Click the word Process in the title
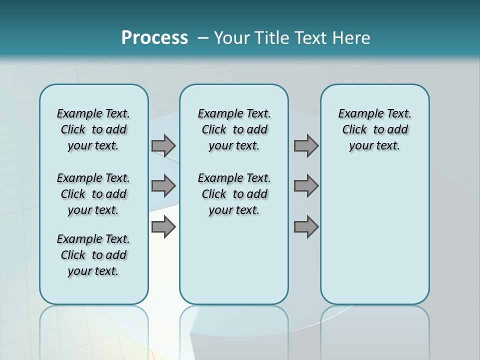(x=154, y=37)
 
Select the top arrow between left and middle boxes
(x=163, y=145)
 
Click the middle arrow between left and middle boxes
(x=163, y=186)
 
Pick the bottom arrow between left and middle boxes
(x=163, y=227)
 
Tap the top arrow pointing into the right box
(x=306, y=145)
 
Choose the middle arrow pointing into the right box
(x=306, y=186)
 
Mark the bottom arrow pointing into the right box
(x=306, y=227)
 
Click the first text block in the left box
(x=93, y=129)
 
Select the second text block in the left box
(x=93, y=194)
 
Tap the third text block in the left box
(x=93, y=255)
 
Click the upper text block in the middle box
(x=234, y=129)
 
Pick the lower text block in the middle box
(x=234, y=194)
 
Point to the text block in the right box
(x=374, y=129)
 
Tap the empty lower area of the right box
(x=374, y=235)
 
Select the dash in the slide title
(x=203, y=38)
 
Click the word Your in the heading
(x=232, y=38)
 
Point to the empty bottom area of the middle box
(x=234, y=265)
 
